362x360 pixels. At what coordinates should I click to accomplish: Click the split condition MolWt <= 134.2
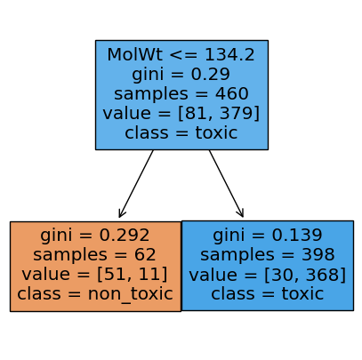[x=181, y=55]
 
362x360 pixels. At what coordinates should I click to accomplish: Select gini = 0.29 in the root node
[x=181, y=74]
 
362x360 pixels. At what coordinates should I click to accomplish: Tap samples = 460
[x=181, y=93]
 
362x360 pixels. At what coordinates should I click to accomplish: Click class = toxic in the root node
[x=181, y=132]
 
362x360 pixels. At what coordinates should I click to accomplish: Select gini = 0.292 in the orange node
[x=95, y=236]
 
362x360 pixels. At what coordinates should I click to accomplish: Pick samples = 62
[x=94, y=254]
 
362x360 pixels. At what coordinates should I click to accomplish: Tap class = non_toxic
[x=95, y=293]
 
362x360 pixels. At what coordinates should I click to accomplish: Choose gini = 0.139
[x=268, y=235]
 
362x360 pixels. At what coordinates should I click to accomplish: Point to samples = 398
[x=268, y=254]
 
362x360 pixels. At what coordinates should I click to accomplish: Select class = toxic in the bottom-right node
[x=268, y=293]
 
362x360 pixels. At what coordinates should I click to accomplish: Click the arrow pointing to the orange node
[x=136, y=184]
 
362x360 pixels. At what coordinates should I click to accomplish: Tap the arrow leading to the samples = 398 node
[x=226, y=183]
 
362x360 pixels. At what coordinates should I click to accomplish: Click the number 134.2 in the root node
[x=229, y=55]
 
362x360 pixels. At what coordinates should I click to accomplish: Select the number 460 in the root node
[x=232, y=93]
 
